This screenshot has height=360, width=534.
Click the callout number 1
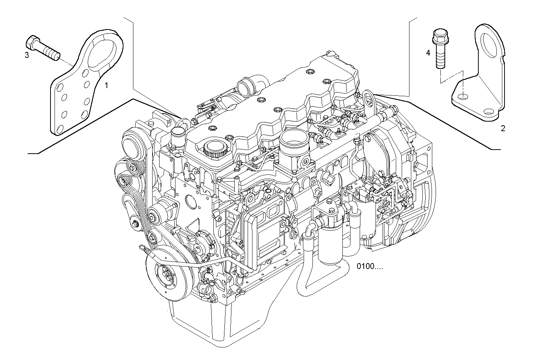click(106, 85)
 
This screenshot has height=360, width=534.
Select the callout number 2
click(503, 128)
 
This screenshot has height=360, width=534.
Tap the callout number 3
click(27, 55)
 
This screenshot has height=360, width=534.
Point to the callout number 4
click(428, 53)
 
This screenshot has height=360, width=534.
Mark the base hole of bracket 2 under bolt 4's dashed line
click(463, 97)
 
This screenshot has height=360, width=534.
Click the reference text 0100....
click(369, 266)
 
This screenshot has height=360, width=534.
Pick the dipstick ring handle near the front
click(142, 247)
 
